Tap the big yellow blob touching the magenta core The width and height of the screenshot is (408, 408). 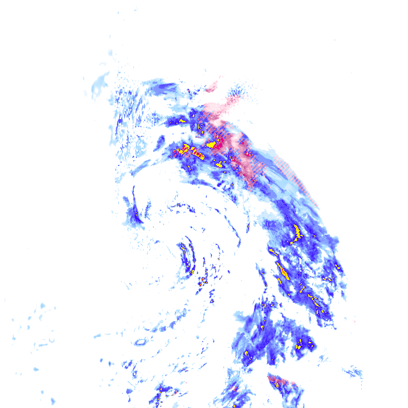point(211,144)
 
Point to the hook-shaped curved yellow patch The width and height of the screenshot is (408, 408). point(297,232)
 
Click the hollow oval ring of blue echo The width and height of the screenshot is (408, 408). point(140,342)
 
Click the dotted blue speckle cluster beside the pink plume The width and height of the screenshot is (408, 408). point(237,94)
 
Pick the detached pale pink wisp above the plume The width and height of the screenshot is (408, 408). point(214,84)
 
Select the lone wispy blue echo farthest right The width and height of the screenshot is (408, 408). point(353,371)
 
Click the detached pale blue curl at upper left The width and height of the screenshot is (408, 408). point(98,85)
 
